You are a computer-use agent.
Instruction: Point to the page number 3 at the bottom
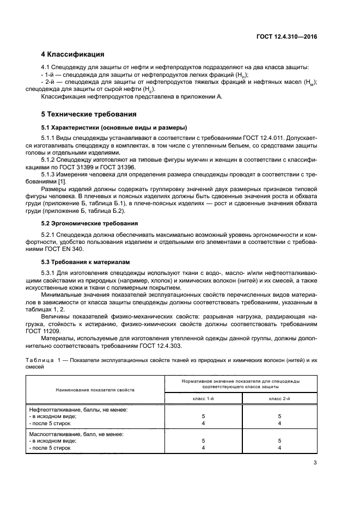[x=315, y=463]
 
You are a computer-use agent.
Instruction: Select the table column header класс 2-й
[x=279, y=398]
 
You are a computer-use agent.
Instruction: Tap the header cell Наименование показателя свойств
[x=94, y=390]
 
